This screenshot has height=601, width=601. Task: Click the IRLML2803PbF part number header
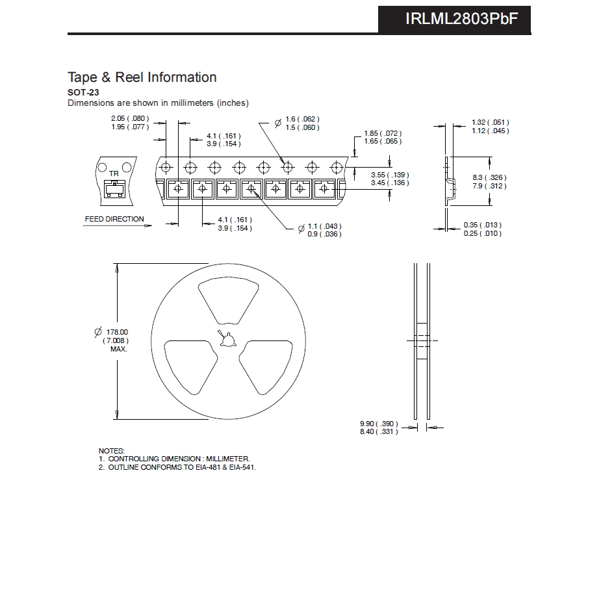(x=461, y=19)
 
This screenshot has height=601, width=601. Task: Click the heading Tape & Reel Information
(x=142, y=77)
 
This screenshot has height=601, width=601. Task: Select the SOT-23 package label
(x=83, y=92)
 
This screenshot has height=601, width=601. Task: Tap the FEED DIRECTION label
(x=114, y=219)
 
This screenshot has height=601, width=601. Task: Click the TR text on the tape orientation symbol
(x=114, y=173)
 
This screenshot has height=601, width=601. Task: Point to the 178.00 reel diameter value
(x=117, y=332)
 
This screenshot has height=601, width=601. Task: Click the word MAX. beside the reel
(x=118, y=349)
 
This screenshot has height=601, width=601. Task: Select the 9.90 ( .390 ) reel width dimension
(x=379, y=424)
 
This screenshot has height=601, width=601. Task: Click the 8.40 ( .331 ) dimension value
(x=379, y=431)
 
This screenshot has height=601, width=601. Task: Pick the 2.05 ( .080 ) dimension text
(x=130, y=118)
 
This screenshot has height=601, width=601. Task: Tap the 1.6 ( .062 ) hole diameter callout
(x=302, y=119)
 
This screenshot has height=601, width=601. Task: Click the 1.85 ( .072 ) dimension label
(x=383, y=133)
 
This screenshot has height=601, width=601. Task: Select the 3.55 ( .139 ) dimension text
(x=390, y=175)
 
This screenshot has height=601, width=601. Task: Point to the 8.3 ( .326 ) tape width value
(x=489, y=177)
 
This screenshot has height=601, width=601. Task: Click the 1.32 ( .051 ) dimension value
(x=491, y=122)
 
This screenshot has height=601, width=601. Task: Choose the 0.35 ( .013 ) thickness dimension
(x=483, y=225)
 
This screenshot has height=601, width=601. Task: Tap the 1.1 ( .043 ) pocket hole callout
(x=325, y=226)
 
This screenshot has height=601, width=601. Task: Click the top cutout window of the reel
(x=229, y=300)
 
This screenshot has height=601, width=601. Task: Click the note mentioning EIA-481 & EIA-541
(x=177, y=467)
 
